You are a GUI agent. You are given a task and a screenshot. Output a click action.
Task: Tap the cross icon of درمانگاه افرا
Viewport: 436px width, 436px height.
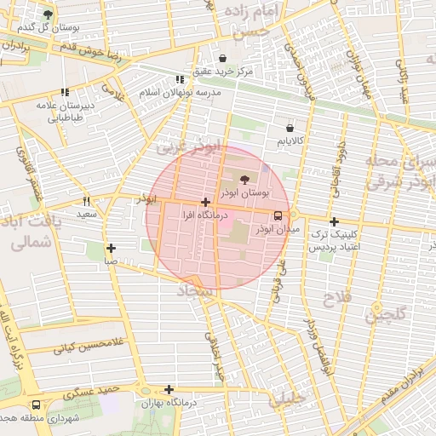pyautogui.click(x=205, y=202)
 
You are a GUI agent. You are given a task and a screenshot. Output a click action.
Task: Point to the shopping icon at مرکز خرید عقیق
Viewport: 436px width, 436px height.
pyautogui.click(x=223, y=59)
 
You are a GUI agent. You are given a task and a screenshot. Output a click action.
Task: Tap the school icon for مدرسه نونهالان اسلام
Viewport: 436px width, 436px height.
pyautogui.click(x=180, y=78)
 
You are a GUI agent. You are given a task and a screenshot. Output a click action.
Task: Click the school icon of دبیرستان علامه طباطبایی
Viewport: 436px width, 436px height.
pyautogui.click(x=65, y=93)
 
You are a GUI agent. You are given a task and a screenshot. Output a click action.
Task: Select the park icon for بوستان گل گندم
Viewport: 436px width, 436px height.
pyautogui.click(x=47, y=14)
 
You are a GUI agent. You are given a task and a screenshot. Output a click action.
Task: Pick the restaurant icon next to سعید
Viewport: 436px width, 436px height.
pyautogui.click(x=86, y=202)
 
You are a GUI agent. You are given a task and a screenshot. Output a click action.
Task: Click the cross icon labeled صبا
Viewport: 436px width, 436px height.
pyautogui.click(x=111, y=248)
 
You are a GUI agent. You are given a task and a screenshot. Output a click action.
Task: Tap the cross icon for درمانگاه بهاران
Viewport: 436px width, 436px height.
pyautogui.click(x=169, y=389)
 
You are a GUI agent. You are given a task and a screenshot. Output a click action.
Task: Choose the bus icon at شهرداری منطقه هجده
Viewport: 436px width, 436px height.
pyautogui.click(x=36, y=405)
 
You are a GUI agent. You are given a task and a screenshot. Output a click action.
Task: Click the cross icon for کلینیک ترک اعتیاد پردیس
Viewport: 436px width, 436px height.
pyautogui.click(x=334, y=221)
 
